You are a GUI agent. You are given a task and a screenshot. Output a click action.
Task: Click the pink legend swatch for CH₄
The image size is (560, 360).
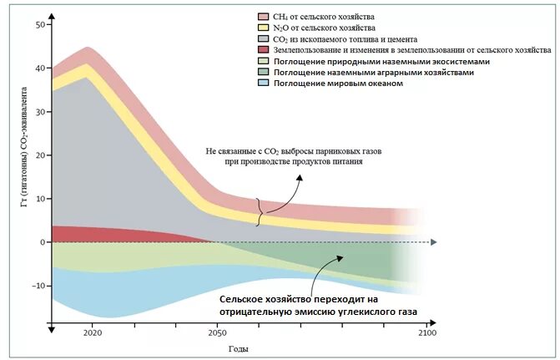(x=263, y=16)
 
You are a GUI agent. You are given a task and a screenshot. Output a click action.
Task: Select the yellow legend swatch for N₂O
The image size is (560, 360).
(x=263, y=28)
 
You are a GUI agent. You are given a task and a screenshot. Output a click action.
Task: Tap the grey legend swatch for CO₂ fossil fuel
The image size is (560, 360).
(x=263, y=38)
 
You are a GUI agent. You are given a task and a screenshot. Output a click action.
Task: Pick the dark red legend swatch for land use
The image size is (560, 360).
(x=263, y=50)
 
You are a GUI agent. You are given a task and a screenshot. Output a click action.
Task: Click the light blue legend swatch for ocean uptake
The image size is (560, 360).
(x=263, y=84)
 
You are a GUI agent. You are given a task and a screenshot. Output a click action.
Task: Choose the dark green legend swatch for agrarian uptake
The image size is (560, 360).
(x=263, y=73)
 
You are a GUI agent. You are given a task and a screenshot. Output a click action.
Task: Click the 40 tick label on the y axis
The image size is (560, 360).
(x=39, y=68)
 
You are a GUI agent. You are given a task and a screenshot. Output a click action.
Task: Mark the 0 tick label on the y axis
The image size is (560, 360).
(x=42, y=242)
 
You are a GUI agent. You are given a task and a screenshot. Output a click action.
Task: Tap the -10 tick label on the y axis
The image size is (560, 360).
(x=38, y=286)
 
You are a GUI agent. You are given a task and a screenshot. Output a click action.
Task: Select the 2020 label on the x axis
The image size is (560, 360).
(x=92, y=333)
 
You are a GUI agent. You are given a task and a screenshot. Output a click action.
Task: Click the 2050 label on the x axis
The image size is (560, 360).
(x=216, y=333)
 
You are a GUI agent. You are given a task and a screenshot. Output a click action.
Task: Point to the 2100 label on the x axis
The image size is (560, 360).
(x=426, y=333)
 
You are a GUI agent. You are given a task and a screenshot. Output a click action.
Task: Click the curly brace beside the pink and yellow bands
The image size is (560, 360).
(x=260, y=211)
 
